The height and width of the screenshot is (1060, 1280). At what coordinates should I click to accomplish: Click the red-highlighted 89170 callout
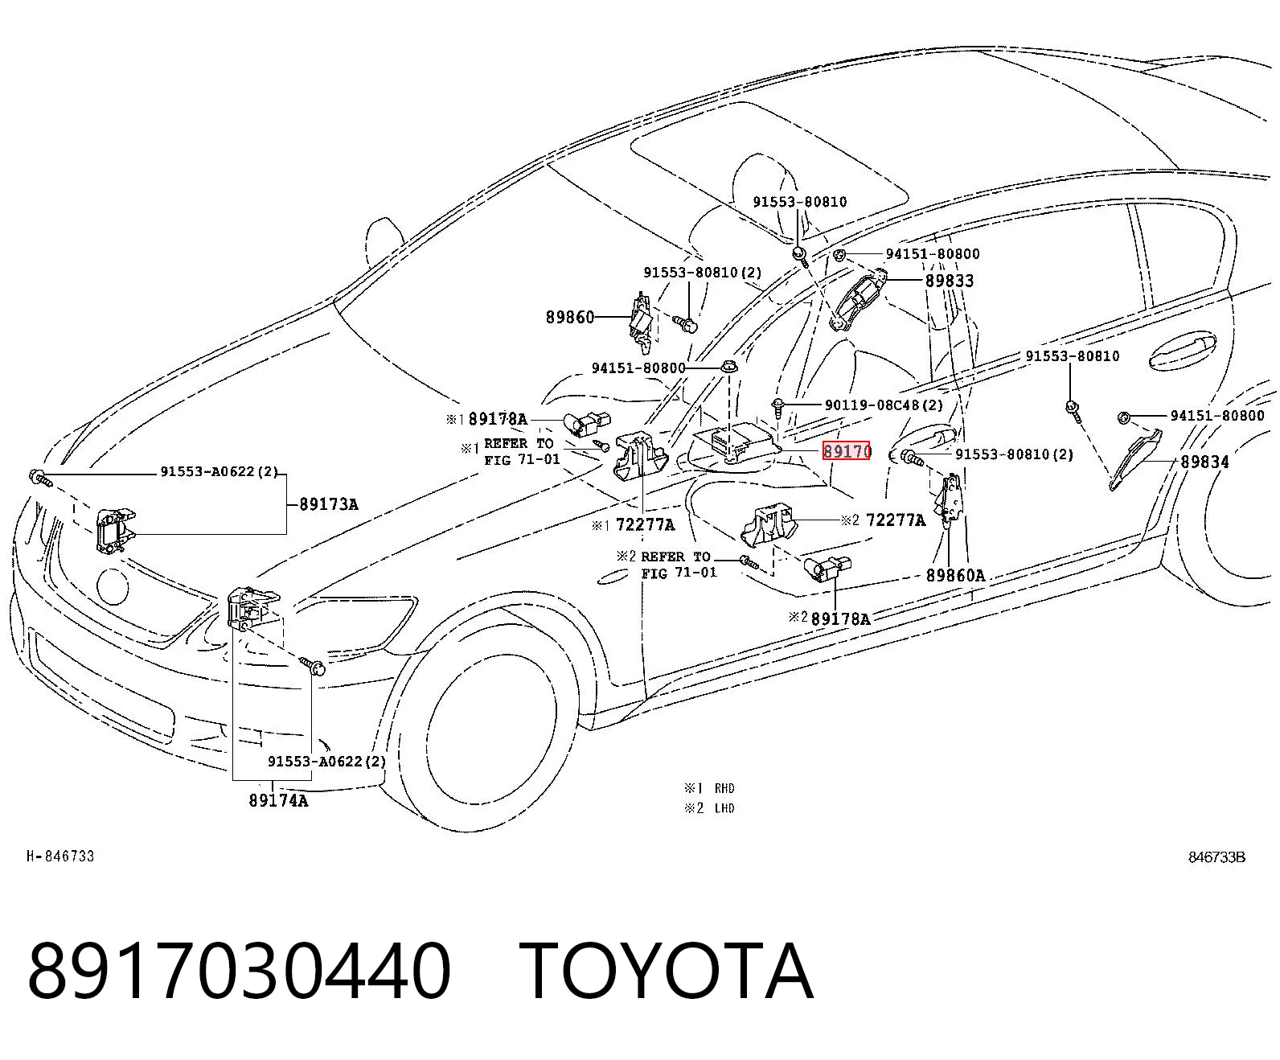846,451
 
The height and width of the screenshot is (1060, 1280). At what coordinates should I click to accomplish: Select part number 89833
949,281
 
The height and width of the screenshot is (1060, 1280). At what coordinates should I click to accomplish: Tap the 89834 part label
1204,462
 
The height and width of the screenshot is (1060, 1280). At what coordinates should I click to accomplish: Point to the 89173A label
329,504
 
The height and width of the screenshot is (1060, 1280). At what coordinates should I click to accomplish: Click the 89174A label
278,800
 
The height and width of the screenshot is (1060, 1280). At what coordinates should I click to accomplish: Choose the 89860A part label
955,575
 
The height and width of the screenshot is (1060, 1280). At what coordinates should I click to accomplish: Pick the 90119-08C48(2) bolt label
884,405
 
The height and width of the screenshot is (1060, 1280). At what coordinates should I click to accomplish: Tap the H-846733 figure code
60,857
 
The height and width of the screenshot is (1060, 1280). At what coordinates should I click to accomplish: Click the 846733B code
1216,857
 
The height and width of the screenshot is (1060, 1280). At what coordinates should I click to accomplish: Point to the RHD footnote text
724,788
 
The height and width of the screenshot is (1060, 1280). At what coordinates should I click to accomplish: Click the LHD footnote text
724,808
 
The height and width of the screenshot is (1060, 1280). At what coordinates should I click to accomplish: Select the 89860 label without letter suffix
570,317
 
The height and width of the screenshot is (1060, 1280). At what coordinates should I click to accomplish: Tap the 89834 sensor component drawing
1135,459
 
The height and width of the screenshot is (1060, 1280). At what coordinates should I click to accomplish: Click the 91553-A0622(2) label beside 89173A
219,472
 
